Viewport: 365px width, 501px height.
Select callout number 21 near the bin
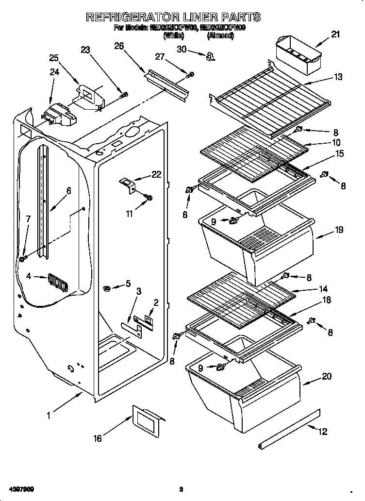335,34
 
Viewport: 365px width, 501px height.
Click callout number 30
181,49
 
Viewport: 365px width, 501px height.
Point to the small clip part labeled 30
210,57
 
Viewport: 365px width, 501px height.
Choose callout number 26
119,46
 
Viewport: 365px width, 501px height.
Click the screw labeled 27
191,75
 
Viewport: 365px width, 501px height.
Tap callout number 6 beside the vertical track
68,191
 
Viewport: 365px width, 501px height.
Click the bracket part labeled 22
128,184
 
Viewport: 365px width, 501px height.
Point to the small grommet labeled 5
106,289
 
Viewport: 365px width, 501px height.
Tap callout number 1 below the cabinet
49,415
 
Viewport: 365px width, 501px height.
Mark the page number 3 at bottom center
181,489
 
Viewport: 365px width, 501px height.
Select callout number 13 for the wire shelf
338,77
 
